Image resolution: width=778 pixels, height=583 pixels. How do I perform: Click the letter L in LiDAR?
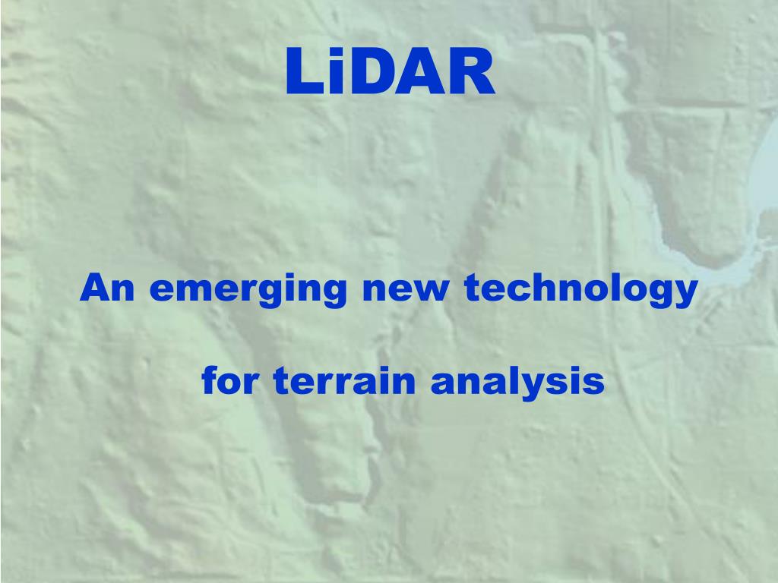pyautogui.click(x=302, y=73)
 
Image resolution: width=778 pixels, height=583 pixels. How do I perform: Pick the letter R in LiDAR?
pyautogui.click(x=470, y=73)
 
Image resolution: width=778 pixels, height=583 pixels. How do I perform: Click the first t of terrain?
pyautogui.click(x=279, y=381)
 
